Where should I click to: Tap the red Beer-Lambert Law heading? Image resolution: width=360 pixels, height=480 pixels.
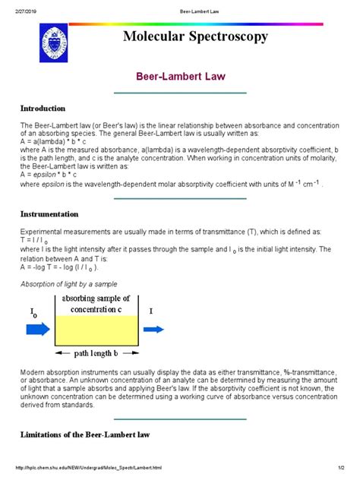click(x=179, y=77)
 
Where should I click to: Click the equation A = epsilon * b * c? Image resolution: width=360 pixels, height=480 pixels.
click(x=53, y=172)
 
